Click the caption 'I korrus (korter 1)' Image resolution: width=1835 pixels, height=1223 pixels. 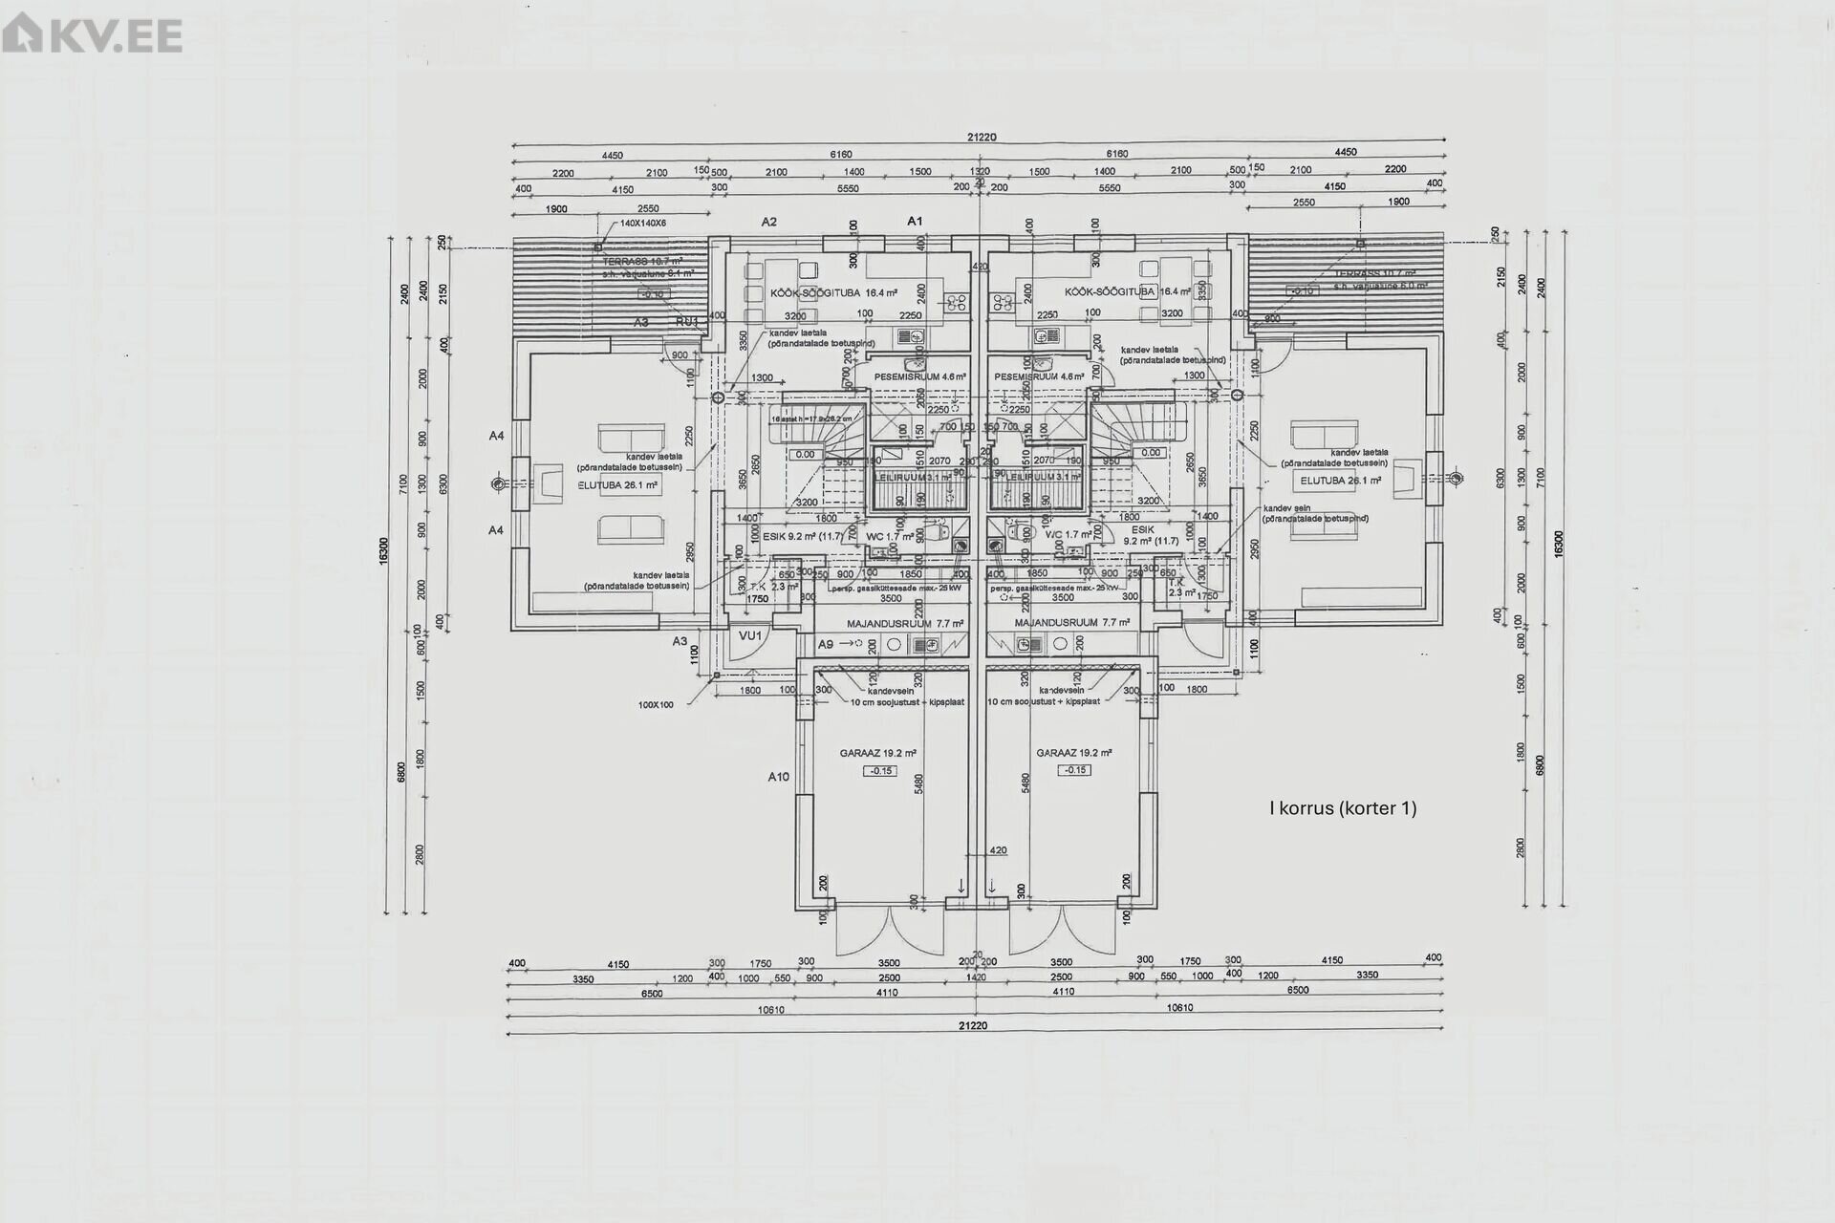(1342, 808)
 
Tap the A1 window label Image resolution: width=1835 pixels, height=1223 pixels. (915, 222)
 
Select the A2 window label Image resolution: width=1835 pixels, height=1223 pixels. (768, 222)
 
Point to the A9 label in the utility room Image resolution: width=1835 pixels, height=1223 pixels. (827, 645)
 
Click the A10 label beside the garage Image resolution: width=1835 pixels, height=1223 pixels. (779, 777)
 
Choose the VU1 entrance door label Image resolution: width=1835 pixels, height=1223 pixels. (750, 635)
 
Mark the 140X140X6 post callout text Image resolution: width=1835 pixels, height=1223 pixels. (643, 223)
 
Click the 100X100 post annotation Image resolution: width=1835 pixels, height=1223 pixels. (656, 705)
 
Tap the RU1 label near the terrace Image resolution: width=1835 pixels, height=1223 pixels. (686, 322)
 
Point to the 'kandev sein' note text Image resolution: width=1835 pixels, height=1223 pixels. (1286, 508)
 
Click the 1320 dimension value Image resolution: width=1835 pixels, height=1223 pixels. (980, 172)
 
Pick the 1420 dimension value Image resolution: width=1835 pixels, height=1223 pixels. (976, 977)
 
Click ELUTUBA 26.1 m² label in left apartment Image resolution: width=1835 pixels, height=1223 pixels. (617, 485)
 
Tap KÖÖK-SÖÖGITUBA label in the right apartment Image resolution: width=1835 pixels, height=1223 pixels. (1110, 291)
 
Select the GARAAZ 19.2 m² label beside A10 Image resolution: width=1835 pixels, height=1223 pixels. (877, 753)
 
